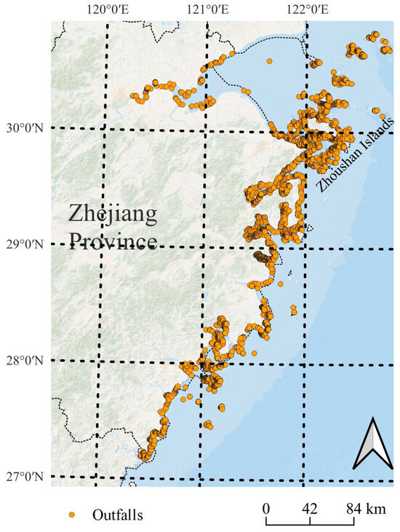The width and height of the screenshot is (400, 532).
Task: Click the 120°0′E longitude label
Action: (x=108, y=9)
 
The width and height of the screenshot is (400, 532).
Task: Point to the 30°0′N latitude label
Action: (x=26, y=129)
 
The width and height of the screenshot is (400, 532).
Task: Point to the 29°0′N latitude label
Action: (x=26, y=244)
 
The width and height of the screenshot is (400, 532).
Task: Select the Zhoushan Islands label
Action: (x=355, y=154)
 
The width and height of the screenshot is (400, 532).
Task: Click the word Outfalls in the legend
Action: (x=117, y=515)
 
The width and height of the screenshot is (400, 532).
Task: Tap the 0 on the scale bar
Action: (x=267, y=508)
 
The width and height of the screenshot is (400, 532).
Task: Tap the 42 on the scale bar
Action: (x=310, y=508)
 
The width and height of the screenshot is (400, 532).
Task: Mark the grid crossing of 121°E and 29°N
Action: (x=204, y=246)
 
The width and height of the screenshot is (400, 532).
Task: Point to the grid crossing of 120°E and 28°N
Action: (x=101, y=362)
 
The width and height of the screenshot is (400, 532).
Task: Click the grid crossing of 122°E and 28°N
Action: (x=305, y=362)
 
